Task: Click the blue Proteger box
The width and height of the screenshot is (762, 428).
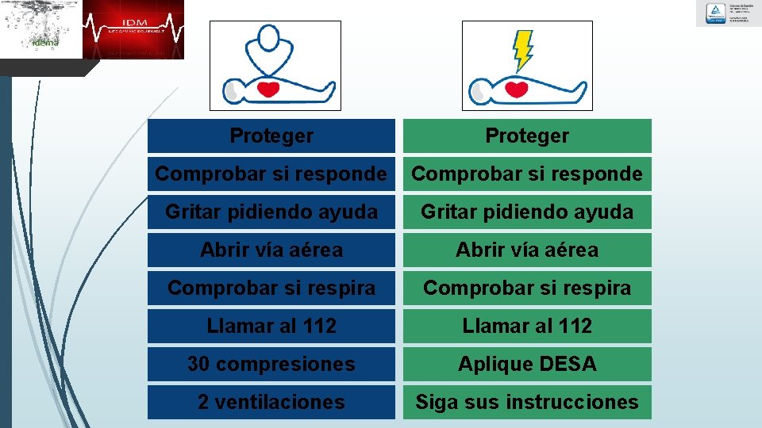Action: coord(271,136)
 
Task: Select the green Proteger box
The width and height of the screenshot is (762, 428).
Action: coord(527,136)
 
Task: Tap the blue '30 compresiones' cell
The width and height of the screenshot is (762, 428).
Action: coord(271,364)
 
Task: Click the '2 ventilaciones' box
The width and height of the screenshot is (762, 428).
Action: coord(271,402)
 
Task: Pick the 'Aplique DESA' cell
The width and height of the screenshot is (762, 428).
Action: coord(527,364)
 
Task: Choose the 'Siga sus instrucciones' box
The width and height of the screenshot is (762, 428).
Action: coord(527,402)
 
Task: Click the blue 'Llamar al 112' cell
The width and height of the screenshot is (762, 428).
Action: coord(271,326)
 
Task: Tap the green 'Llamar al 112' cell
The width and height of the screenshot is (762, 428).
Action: coord(527,326)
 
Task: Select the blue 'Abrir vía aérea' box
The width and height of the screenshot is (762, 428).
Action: coord(271,250)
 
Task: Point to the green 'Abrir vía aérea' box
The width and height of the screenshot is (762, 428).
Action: coord(527,250)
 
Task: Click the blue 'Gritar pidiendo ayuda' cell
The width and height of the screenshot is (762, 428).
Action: coord(271,212)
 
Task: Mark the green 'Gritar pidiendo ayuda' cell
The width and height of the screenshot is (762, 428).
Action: coord(527,212)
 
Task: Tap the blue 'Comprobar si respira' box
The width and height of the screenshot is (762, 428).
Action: coord(271,288)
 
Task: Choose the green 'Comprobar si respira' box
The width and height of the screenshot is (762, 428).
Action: coord(527,288)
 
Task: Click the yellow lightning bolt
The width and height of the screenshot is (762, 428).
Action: coord(523,50)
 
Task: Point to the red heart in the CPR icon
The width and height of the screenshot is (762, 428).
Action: coord(269,88)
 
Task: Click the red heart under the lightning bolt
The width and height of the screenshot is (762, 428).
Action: coord(517,88)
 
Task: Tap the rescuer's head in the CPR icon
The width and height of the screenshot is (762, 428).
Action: coord(270,37)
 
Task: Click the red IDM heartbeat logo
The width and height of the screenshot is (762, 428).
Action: coord(133,29)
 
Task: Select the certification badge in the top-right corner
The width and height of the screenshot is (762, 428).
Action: coord(728,13)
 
